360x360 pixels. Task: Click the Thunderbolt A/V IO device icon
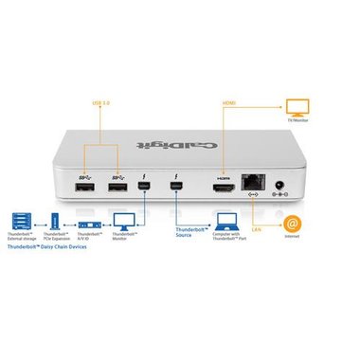[x=90, y=226]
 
